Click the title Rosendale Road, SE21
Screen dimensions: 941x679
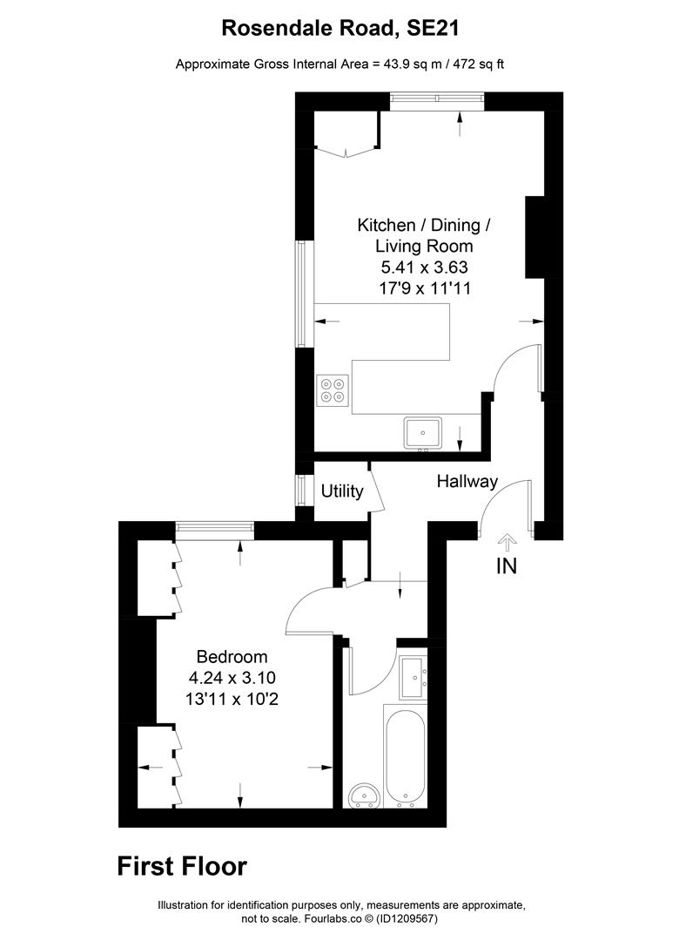339,28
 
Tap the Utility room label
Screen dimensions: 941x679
342,491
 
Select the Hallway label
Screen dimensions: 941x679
467,481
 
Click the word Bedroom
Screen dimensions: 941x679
232,657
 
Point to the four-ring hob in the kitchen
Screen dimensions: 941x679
333,389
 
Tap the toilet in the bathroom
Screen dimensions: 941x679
363,795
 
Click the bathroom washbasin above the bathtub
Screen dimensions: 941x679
413,679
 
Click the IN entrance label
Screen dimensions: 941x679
506,566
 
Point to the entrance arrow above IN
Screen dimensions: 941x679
506,542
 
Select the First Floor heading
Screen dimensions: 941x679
182,866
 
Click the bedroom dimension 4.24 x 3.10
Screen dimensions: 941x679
232,677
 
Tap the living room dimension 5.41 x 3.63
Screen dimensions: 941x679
424,267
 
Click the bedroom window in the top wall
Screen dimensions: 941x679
214,529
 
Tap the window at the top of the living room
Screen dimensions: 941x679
437,100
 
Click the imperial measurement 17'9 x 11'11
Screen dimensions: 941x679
424,288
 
